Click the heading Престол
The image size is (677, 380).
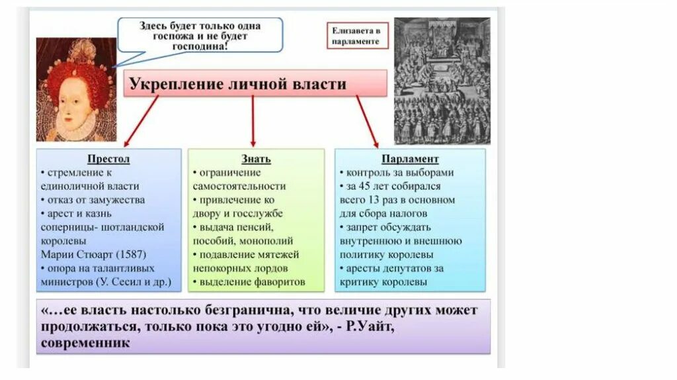[x=108, y=160]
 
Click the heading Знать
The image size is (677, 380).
[x=256, y=160]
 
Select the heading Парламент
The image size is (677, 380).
[x=410, y=160]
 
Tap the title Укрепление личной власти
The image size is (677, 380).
[x=237, y=85]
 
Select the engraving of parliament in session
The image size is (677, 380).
[x=442, y=81]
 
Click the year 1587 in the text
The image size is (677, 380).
[x=131, y=255]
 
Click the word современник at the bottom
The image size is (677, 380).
[x=85, y=344]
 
